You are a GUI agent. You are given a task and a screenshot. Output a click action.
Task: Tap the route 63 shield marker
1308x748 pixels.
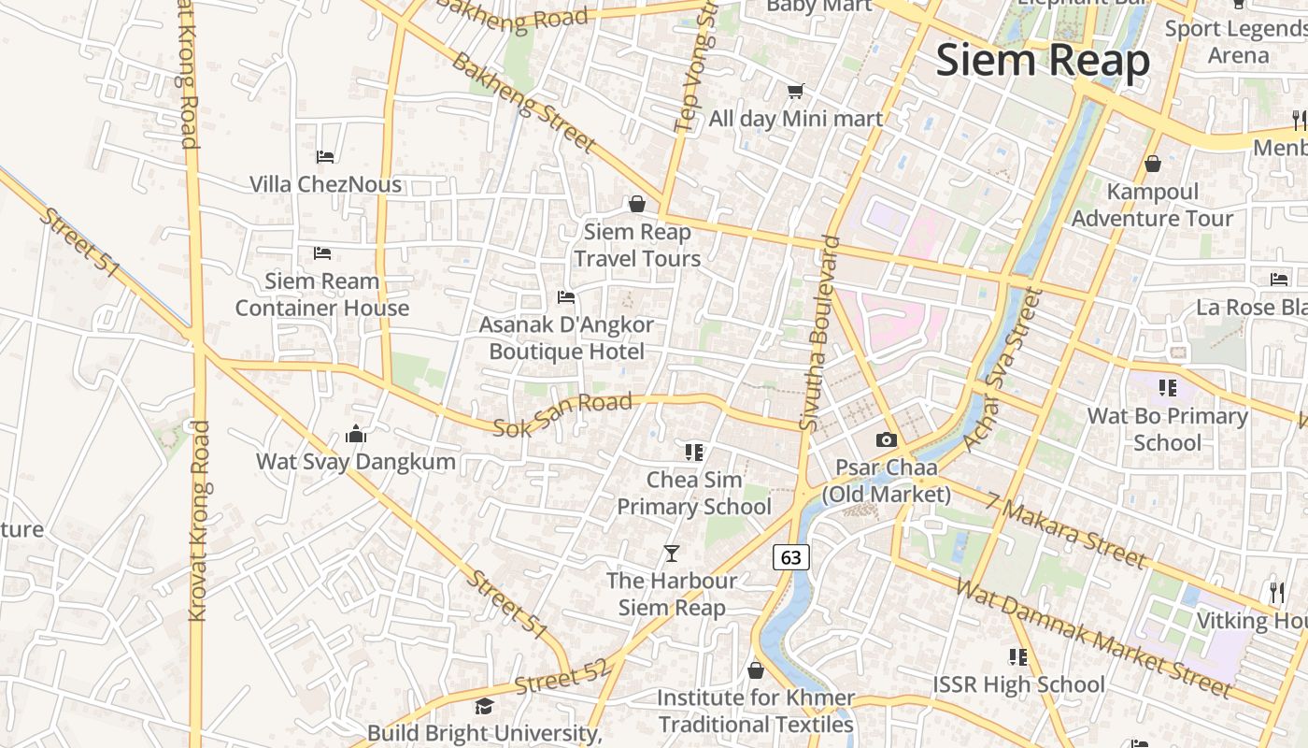point(790,557)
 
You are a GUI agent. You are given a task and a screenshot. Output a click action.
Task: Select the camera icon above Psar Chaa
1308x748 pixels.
point(886,439)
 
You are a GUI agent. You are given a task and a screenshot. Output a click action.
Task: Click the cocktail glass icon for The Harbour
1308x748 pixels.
point(672,553)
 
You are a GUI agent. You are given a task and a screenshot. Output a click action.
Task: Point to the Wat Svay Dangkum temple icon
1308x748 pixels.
point(355,434)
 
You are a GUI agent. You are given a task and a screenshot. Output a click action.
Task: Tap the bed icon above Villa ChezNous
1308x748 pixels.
point(325,156)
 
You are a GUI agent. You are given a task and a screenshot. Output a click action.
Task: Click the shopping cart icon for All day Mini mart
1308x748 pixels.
point(795,91)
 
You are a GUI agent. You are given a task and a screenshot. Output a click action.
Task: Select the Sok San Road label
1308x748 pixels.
point(562,414)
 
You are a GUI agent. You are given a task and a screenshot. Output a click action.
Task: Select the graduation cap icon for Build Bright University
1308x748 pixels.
point(484,706)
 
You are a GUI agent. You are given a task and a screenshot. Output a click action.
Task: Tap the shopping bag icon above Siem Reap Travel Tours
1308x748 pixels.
point(637,204)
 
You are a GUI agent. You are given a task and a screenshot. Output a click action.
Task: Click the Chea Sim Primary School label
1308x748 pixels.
point(694,493)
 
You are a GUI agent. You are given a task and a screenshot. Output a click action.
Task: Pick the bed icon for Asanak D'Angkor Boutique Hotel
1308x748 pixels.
point(565,297)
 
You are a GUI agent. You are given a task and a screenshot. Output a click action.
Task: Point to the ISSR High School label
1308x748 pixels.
point(1018,684)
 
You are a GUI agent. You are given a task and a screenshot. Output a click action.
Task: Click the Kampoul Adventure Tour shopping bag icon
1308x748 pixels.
point(1153,164)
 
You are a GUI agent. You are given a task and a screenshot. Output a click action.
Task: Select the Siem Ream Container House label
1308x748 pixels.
point(322,294)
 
